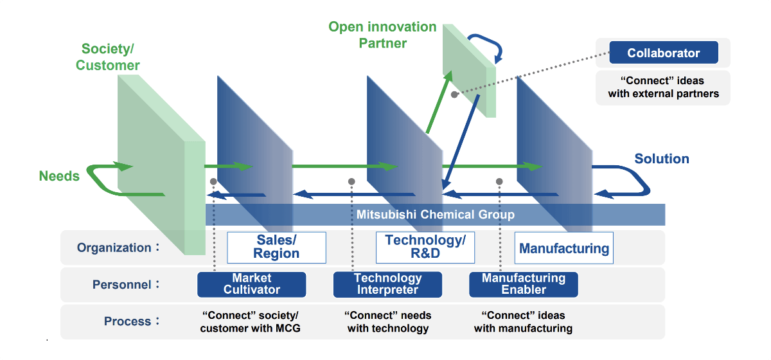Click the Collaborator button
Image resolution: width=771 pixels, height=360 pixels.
tap(663, 53)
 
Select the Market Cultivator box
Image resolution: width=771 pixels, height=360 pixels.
tap(251, 284)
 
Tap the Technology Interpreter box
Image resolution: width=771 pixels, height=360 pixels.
tap(387, 284)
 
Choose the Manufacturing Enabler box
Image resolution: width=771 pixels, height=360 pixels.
tap(523, 284)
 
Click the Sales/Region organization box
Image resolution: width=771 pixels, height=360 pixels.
tap(276, 248)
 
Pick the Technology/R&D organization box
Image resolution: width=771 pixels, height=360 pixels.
tap(425, 248)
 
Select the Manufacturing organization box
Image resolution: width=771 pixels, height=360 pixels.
tap(563, 248)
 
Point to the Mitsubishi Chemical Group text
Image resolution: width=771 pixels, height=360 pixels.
tap(436, 215)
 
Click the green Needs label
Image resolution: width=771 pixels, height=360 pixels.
tap(59, 176)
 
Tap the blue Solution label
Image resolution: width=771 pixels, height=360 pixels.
tap(661, 159)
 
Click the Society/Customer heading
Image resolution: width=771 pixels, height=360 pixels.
tap(108, 57)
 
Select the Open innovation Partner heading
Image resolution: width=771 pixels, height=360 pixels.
tap(382, 35)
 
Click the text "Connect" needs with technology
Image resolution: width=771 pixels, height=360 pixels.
tap(387, 322)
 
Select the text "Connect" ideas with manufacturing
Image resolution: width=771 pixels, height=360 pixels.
tap(523, 322)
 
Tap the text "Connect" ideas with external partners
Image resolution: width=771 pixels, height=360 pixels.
tap(663, 87)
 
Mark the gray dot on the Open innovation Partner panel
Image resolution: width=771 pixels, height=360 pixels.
tap(454, 94)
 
